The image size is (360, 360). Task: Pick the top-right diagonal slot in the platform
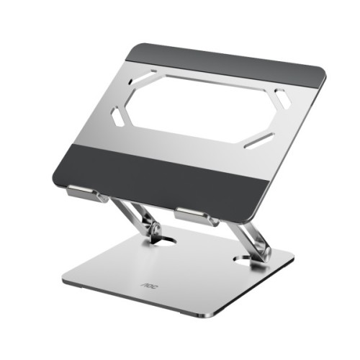pos(282,99)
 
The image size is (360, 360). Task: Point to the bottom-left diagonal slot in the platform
pos(117,117)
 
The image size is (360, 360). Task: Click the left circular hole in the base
pos(163,240)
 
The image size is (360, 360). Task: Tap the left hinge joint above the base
pos(152,229)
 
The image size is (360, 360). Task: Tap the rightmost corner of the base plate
pos(294,255)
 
